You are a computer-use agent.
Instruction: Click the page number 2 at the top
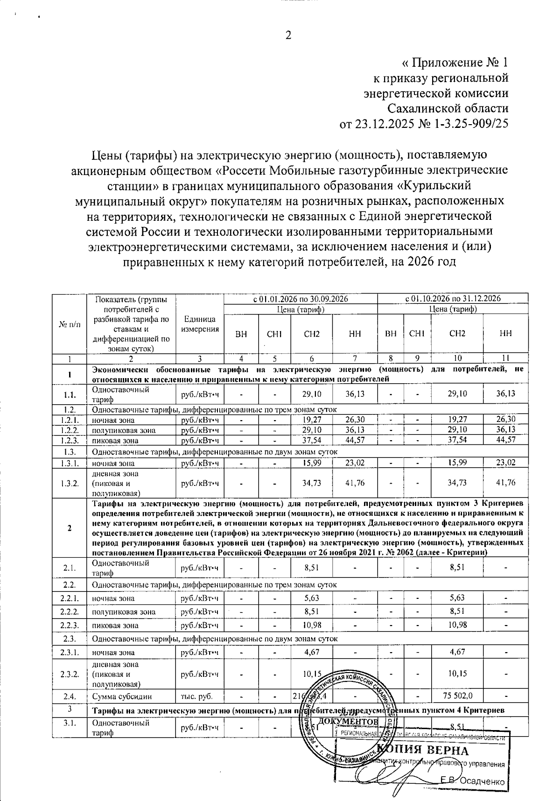pos(288,35)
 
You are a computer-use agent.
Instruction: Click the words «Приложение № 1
pos(455,63)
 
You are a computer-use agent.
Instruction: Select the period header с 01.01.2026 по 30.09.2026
pos(301,298)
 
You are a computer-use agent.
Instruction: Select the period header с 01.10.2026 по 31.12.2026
pos(453,298)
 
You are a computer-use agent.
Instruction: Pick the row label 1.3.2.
pos(70,483)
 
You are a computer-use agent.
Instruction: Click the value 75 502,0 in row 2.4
pos(457,696)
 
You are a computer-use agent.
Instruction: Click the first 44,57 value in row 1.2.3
pos(355,440)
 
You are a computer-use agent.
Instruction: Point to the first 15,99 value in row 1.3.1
pos(311,463)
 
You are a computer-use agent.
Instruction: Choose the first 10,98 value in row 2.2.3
pos(311,625)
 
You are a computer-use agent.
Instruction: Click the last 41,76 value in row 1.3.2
pos(506,483)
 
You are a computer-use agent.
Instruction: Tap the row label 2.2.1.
pos(70,598)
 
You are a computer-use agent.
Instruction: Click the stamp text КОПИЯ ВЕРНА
pos(422,750)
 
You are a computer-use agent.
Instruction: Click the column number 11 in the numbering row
pos(506,358)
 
